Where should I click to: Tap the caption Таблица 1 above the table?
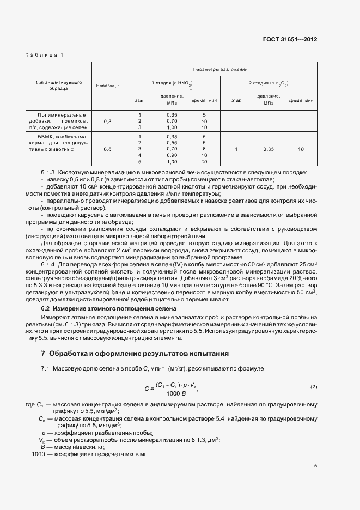44,55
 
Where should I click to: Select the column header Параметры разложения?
220,69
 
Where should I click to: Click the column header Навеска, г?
107,87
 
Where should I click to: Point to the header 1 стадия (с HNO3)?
172,83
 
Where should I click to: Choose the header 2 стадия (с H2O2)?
269,83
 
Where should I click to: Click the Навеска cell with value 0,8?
107,121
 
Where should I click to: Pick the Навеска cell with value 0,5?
107,149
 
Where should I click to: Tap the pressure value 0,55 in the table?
172,142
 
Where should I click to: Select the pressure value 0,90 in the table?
172,155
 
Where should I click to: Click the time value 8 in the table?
204,149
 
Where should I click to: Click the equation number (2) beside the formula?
313,387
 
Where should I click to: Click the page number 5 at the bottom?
315,466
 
